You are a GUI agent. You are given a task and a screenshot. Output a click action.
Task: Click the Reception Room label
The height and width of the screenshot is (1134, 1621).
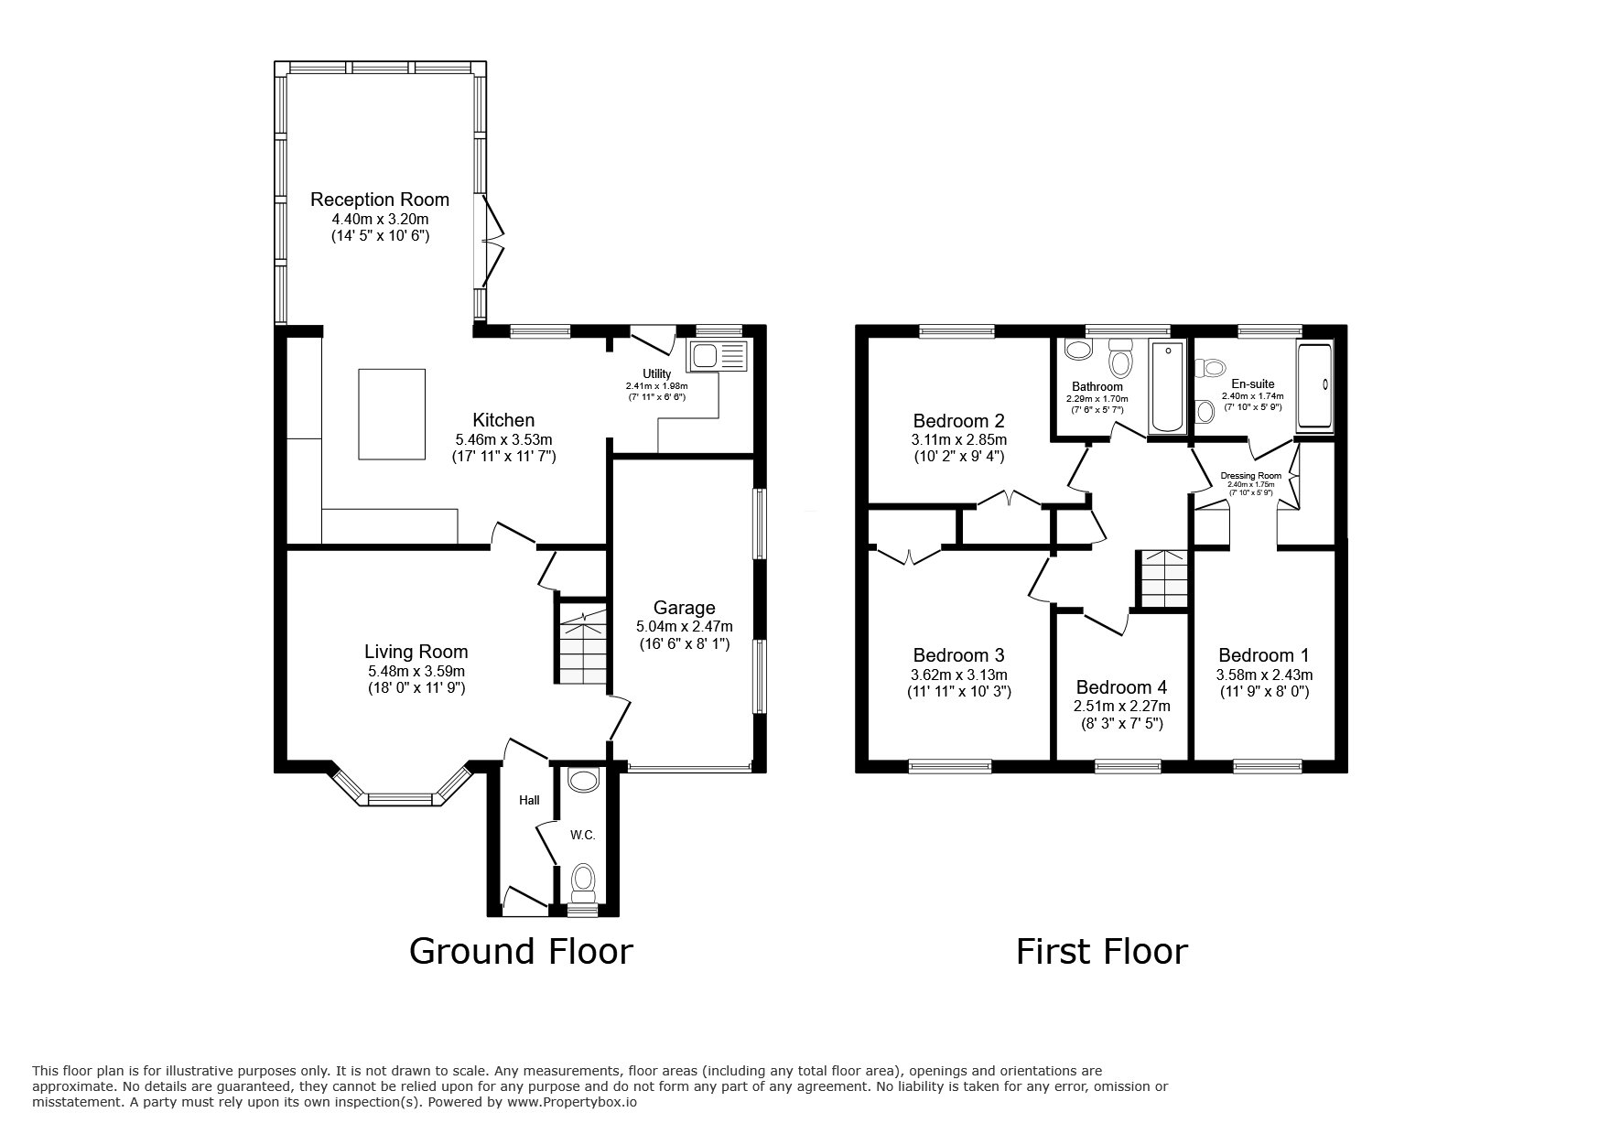[380, 200]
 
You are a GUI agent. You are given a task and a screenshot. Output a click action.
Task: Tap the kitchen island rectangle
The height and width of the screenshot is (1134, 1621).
[392, 414]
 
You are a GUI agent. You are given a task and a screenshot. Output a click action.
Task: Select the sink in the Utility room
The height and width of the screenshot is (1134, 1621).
[719, 355]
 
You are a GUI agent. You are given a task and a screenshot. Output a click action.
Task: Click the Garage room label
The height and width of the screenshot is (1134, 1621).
[685, 608]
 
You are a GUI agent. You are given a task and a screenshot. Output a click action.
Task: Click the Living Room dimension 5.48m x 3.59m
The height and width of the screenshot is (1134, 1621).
[416, 671]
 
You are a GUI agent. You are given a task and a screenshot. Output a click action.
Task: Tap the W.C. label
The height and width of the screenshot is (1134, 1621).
[583, 835]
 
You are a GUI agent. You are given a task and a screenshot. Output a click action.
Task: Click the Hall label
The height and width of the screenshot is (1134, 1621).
[529, 800]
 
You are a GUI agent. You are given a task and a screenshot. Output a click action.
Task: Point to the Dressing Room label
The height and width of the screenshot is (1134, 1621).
[1251, 476]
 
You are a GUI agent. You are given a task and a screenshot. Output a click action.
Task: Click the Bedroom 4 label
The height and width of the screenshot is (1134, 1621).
[1121, 687]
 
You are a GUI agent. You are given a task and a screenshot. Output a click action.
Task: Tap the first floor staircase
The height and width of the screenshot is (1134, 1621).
[1162, 578]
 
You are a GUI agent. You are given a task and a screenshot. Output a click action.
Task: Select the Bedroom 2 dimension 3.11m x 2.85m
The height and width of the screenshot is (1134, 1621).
[959, 439]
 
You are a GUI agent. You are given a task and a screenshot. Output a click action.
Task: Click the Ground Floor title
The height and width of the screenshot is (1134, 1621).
[520, 951]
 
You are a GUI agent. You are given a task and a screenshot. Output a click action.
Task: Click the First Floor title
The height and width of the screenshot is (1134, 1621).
[1101, 951]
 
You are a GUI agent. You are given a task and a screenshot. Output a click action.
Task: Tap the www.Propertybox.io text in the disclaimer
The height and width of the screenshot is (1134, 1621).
[571, 1103]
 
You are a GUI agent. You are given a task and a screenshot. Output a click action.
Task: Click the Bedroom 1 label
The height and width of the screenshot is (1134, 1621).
[1263, 655]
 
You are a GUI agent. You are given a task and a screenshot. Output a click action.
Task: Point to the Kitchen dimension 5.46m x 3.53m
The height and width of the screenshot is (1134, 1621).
[503, 439]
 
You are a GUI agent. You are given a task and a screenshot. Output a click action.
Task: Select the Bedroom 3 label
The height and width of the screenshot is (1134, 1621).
[958, 655]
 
